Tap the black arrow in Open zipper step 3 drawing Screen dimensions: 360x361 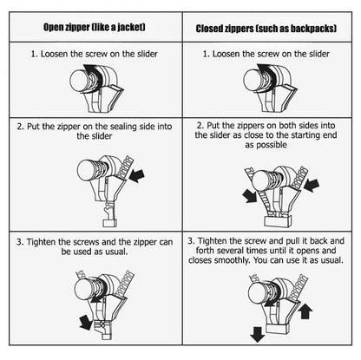[x=86, y=322]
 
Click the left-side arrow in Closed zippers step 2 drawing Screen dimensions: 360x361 [x=250, y=196]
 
